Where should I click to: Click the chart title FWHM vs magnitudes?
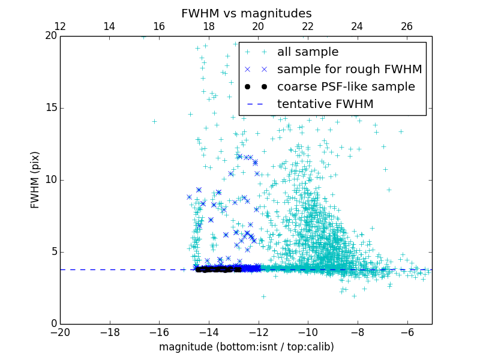(246, 13)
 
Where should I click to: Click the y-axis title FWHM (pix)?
(35, 180)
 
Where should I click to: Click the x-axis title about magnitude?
(246, 347)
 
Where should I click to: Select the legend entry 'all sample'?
(307, 52)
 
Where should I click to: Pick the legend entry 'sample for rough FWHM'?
(349, 70)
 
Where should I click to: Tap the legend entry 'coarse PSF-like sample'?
(346, 87)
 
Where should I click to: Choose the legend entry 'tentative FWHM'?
(325, 104)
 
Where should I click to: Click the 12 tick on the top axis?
(60, 26)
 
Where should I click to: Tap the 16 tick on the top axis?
(159, 26)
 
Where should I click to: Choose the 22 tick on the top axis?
(308, 26)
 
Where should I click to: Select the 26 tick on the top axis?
(407, 26)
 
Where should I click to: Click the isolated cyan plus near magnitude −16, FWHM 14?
(154, 121)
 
